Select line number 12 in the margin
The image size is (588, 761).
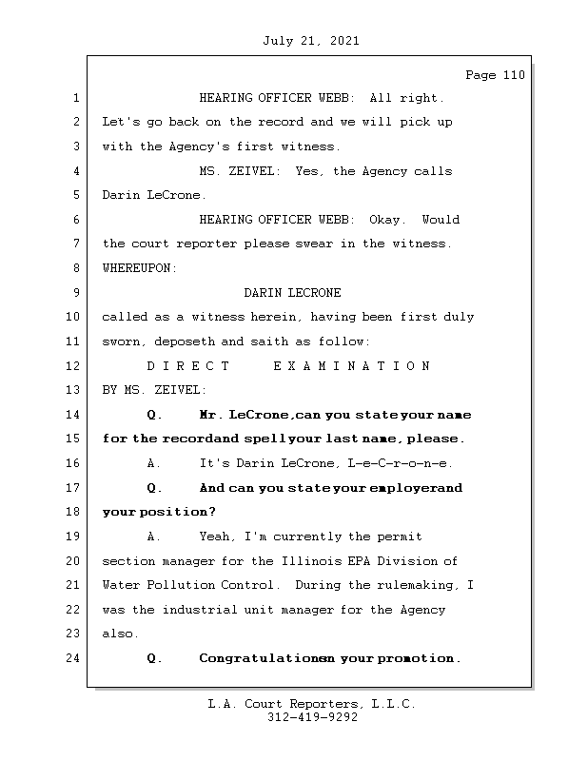75,366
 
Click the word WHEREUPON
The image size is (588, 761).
139,268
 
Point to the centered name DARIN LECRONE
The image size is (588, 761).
292,293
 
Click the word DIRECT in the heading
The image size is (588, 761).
187,366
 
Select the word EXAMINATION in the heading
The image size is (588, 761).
351,366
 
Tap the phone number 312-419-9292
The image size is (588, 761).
312,718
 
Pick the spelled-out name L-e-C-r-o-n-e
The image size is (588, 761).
401,463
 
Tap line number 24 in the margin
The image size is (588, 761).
75,658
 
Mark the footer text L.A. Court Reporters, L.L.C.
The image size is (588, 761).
312,705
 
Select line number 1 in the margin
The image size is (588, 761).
75,98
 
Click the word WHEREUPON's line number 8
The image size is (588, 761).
75,268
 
